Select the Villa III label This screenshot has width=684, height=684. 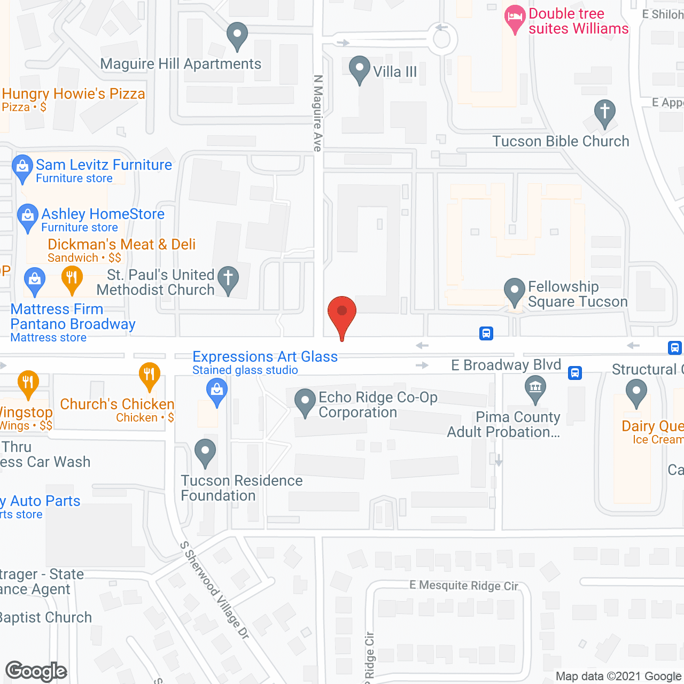click(394, 72)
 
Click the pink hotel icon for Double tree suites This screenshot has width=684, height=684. click(515, 18)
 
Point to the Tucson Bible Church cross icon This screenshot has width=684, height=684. click(604, 112)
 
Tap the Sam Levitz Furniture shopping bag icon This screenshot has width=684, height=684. click(22, 167)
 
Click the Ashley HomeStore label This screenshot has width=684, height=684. click(103, 214)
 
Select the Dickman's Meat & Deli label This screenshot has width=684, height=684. click(121, 245)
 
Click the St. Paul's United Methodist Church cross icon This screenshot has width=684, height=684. click(228, 279)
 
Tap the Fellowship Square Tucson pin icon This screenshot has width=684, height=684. click(514, 291)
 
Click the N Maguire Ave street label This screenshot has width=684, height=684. click(318, 113)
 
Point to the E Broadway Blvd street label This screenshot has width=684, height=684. click(506, 365)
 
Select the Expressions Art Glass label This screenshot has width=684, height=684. click(265, 357)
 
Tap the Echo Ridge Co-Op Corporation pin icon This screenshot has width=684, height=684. click(305, 401)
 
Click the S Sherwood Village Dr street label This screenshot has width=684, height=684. click(214, 590)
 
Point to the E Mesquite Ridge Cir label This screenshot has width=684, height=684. click(464, 586)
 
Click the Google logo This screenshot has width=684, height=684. click(36, 671)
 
